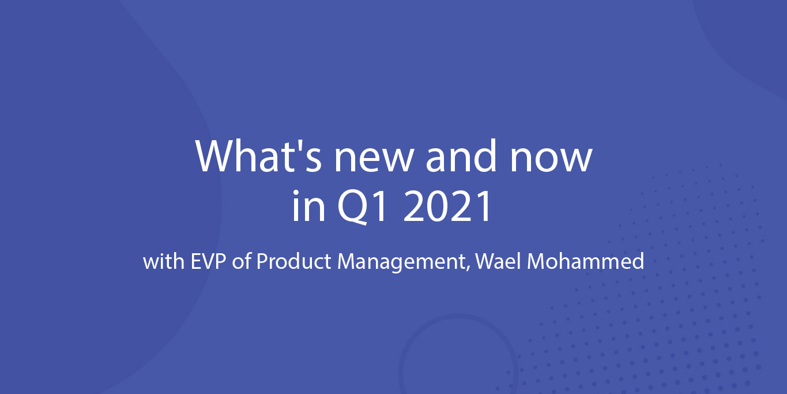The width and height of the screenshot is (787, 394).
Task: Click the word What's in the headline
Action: point(258,156)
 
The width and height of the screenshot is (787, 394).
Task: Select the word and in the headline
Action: point(461,156)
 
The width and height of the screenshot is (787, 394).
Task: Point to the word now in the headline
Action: point(551,160)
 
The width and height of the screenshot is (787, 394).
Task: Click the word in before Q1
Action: point(308,206)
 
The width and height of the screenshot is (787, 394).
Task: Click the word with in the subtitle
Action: point(164,261)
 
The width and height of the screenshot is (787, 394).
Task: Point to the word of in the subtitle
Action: point(242,261)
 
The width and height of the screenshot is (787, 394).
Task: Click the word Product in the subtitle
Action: point(293,261)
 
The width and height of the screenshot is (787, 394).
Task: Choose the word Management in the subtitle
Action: point(402,263)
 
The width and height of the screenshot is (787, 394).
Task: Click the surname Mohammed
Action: point(586,261)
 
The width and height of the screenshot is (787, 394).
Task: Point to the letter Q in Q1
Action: point(352,207)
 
